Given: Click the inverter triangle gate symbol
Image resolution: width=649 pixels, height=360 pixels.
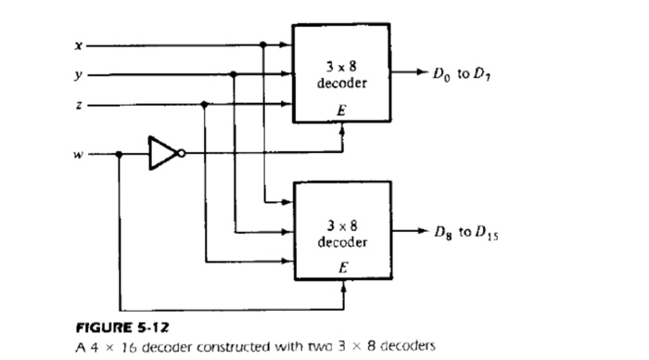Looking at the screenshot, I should (x=161, y=154).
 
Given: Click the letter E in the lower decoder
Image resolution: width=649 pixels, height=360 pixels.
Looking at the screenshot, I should (x=344, y=265).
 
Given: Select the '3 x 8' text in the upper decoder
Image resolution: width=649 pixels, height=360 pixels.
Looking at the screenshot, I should (x=344, y=68).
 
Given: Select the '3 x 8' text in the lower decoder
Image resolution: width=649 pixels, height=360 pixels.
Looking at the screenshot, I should (x=344, y=224).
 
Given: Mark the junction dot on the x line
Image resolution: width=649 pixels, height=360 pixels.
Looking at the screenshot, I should (x=264, y=44).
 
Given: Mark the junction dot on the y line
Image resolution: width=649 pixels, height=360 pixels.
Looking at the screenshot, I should (x=234, y=75).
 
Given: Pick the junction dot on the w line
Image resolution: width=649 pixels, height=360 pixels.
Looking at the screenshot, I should (x=119, y=155).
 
